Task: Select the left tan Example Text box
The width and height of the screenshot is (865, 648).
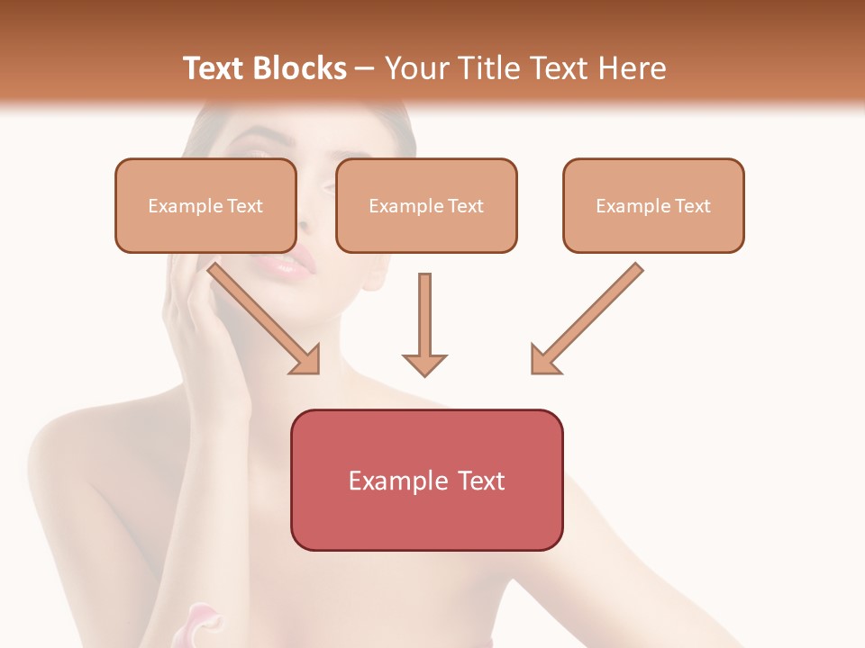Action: tap(205, 205)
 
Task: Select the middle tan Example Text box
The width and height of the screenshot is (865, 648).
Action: tap(426, 205)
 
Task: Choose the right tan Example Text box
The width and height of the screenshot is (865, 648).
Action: tap(653, 205)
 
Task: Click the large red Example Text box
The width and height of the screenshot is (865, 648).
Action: tap(426, 480)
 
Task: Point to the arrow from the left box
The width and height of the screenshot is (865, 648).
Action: tap(261, 315)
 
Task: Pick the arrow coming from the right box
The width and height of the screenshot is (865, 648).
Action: tap(590, 315)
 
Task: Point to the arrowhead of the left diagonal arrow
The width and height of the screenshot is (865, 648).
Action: tap(306, 360)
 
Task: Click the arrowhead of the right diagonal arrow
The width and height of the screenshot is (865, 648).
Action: tap(544, 360)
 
